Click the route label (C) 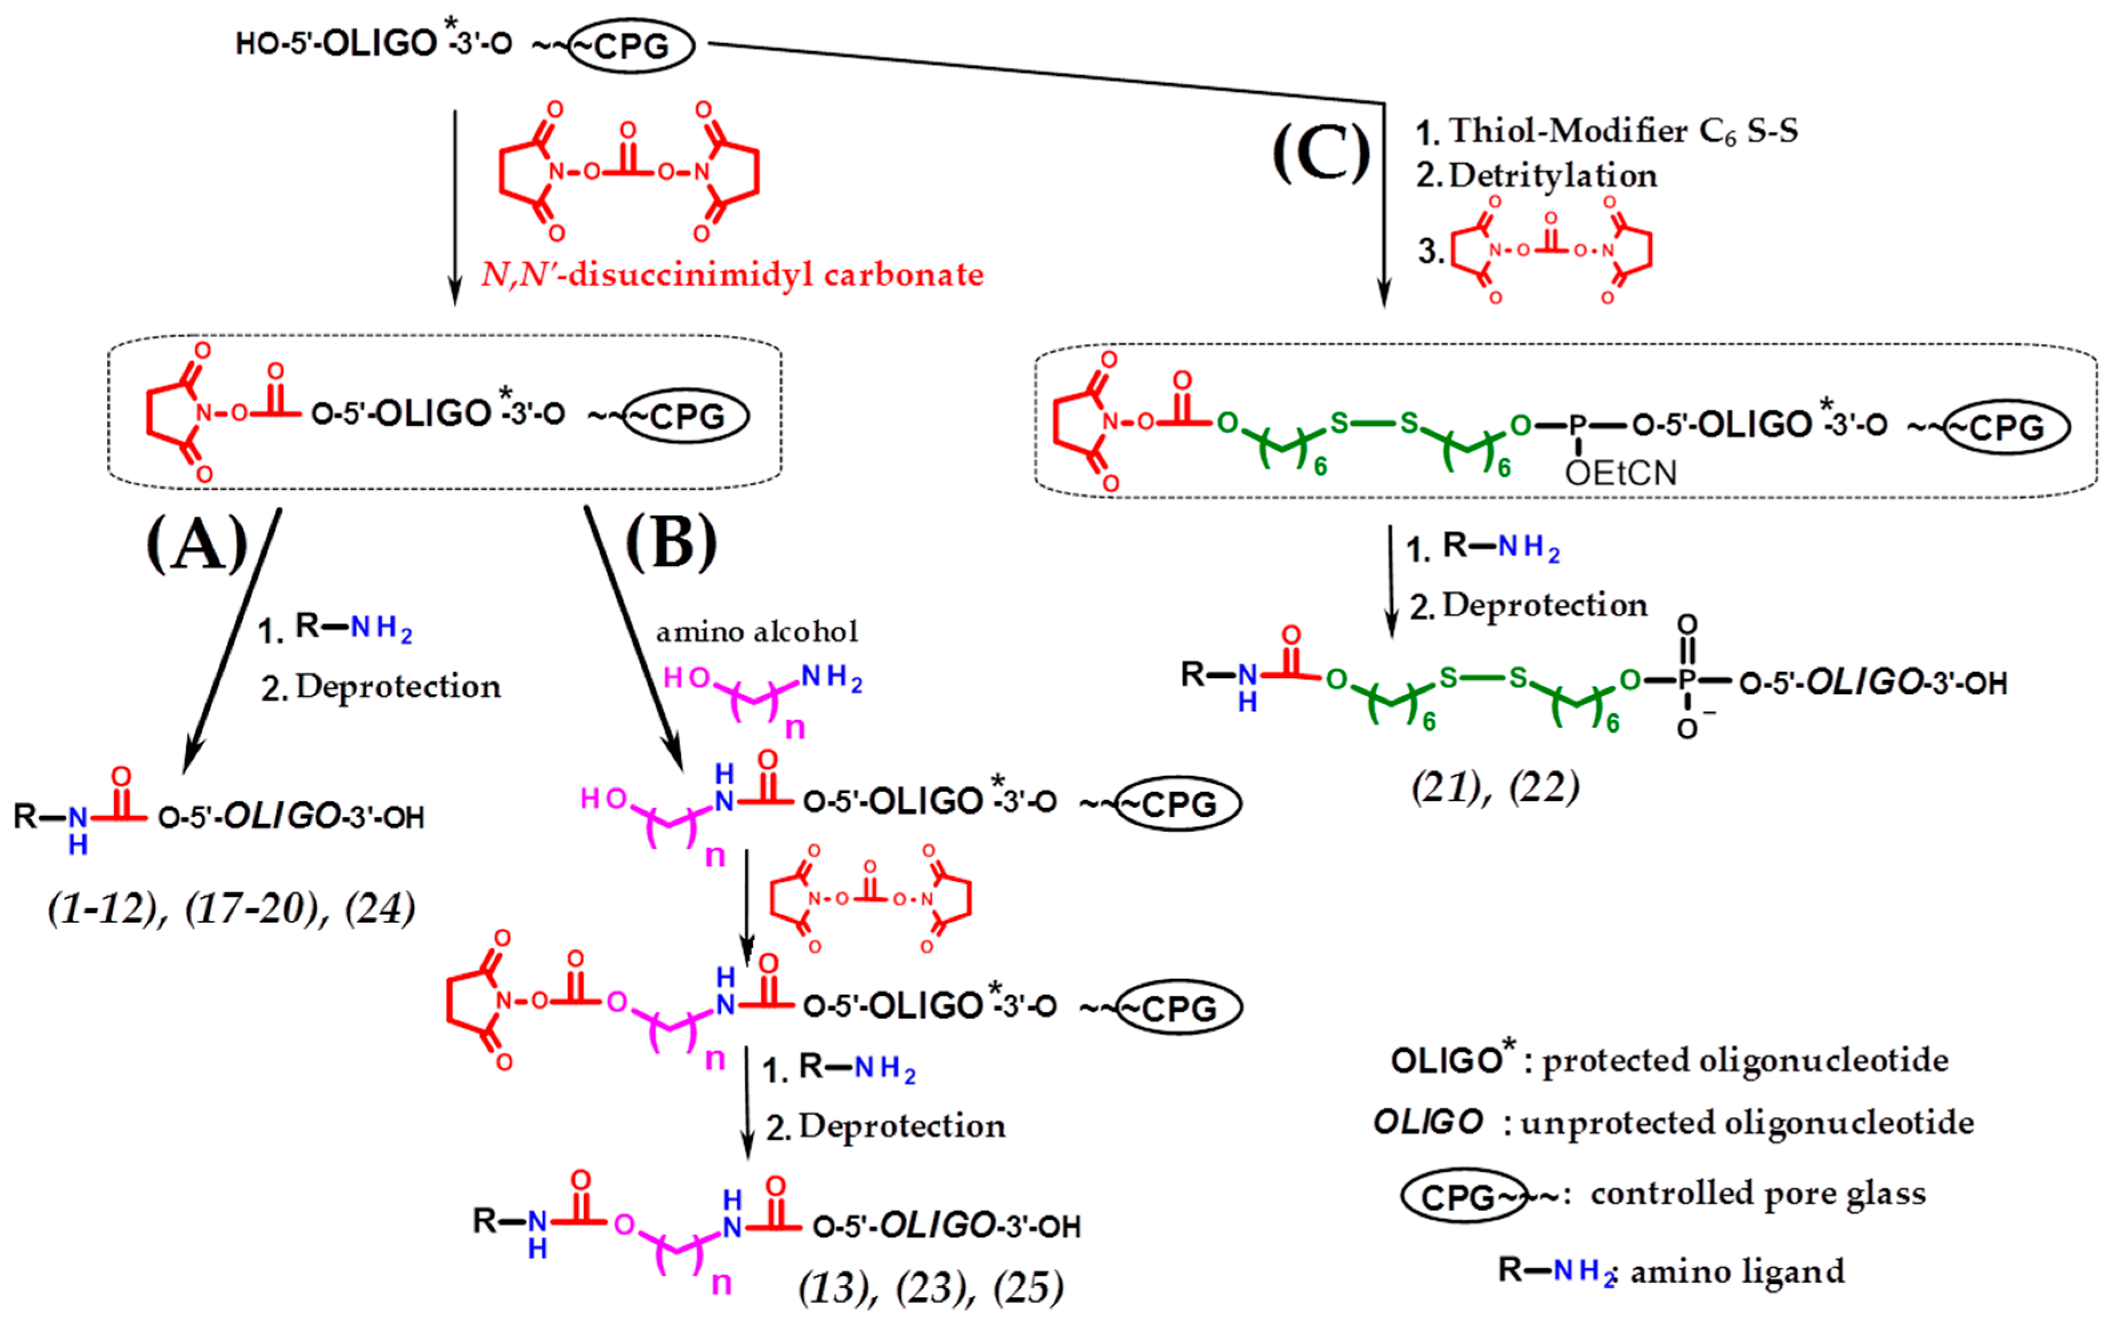click(x=1322, y=153)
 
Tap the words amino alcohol click(x=756, y=632)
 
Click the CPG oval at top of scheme click(x=631, y=46)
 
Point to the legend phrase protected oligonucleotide click(x=1745, y=1060)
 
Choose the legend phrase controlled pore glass click(x=1758, y=1193)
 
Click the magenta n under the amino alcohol click(x=795, y=727)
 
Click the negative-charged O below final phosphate click(x=1687, y=729)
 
